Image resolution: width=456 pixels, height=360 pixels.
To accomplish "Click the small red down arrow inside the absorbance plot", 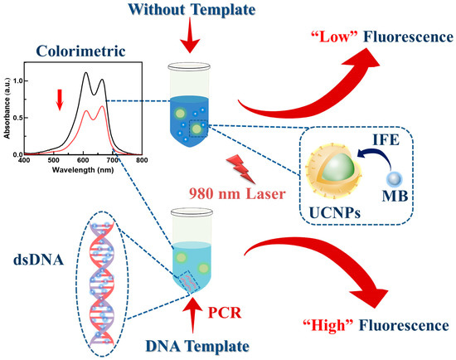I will (x=58, y=100).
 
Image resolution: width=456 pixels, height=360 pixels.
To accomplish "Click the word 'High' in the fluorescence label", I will (x=330, y=322).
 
